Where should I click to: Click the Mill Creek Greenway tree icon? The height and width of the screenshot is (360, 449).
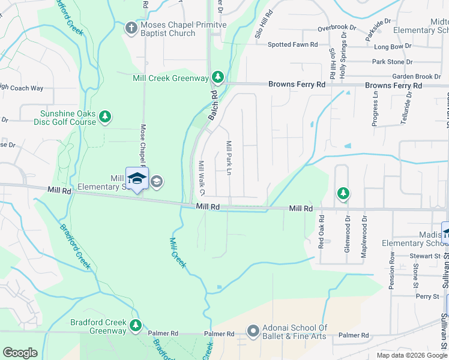click(x=218, y=77)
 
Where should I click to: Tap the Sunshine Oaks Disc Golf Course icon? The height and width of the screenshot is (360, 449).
click(x=105, y=116)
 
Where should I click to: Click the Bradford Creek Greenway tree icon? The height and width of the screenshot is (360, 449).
click(x=136, y=325)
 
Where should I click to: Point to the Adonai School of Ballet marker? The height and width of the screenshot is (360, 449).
click(x=253, y=331)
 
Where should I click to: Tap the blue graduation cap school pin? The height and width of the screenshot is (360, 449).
click(x=137, y=178)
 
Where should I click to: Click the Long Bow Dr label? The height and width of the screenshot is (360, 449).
click(x=391, y=47)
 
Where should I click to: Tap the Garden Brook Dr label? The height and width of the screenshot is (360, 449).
click(x=417, y=77)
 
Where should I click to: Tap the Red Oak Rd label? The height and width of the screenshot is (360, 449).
click(x=321, y=232)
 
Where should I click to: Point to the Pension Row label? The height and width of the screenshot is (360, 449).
click(x=392, y=271)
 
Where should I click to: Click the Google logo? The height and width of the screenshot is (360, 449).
click(x=20, y=353)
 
